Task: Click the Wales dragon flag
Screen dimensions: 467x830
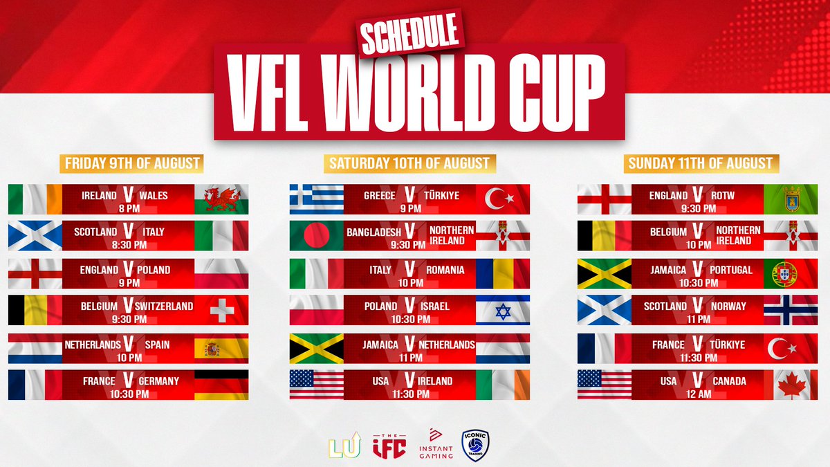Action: (x=221, y=199)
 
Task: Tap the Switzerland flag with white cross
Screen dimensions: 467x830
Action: (x=221, y=311)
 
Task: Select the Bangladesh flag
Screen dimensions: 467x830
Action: (x=316, y=236)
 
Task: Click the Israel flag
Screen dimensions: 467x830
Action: (x=503, y=311)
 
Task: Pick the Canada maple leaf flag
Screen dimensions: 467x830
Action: (x=791, y=385)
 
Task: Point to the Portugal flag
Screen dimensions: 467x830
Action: (x=791, y=273)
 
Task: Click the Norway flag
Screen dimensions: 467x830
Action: (x=791, y=311)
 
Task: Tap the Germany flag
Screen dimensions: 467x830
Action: (x=221, y=385)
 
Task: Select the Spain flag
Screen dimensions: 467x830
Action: (x=221, y=348)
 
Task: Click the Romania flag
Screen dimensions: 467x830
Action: (x=503, y=273)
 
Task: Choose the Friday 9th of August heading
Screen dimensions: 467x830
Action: (x=131, y=164)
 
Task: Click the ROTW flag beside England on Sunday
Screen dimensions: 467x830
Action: (x=791, y=199)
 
